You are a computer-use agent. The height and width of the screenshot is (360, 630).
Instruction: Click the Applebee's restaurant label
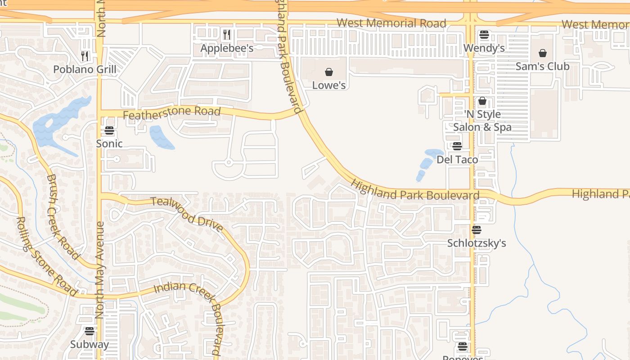[227, 48]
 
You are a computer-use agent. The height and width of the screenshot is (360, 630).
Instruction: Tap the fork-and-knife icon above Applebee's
[227, 34]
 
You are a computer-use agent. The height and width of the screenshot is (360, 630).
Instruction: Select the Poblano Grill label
[85, 69]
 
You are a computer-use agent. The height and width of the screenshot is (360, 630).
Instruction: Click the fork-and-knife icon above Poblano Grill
[85, 56]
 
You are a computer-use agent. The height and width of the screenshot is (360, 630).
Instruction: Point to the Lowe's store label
[329, 85]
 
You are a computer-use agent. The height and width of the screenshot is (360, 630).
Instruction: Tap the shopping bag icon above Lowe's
[329, 72]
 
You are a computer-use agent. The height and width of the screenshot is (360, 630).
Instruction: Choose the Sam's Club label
[542, 66]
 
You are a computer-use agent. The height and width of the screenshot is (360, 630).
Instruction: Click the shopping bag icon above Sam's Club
[542, 53]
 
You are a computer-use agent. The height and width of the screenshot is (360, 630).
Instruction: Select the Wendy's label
[484, 48]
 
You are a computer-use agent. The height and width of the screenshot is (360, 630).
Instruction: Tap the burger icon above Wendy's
[484, 35]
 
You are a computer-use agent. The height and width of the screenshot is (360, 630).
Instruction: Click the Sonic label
[109, 144]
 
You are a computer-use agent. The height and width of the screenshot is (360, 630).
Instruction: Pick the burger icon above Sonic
[109, 130]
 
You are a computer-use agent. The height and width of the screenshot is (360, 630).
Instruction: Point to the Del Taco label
[457, 159]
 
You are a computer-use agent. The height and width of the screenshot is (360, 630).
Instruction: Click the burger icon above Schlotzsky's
[476, 230]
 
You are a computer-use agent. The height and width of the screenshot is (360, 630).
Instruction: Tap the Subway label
[89, 344]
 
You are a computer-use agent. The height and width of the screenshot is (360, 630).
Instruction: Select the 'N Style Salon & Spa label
[482, 121]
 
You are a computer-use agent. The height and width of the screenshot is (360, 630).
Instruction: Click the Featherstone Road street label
[171, 113]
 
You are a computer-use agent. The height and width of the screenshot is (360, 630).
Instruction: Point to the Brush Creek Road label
[63, 216]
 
